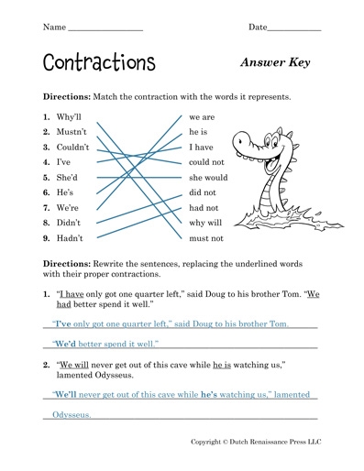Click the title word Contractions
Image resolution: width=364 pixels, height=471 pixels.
click(x=98, y=62)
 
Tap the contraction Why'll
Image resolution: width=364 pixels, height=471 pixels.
click(x=71, y=118)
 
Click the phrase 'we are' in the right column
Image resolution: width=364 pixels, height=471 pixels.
click(x=202, y=118)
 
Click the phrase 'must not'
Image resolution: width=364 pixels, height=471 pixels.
click(x=205, y=237)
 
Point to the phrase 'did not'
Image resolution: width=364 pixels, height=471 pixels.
click(x=202, y=192)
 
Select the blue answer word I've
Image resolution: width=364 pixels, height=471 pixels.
click(x=63, y=324)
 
